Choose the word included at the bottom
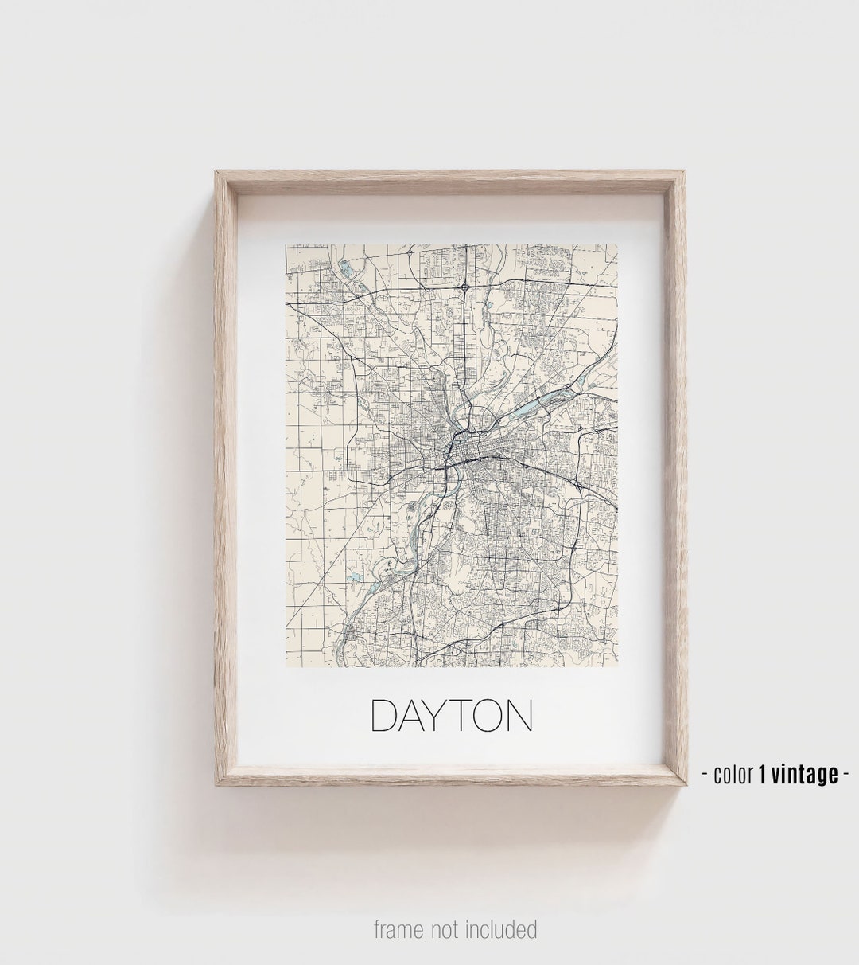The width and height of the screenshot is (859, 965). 503,929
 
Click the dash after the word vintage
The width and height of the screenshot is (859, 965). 845,773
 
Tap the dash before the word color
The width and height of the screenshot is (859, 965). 706,773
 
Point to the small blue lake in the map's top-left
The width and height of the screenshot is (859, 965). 344,267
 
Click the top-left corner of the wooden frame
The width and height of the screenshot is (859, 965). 216,172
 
